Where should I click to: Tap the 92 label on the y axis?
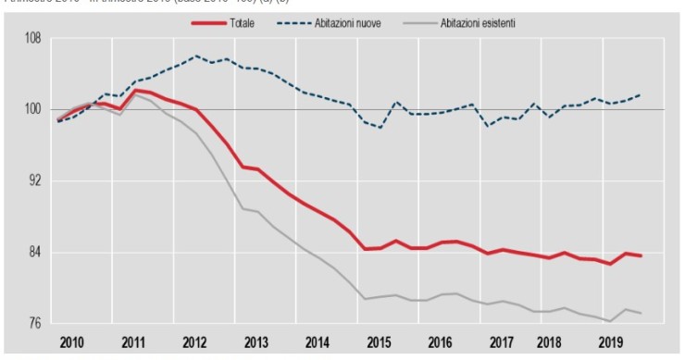pyautogui.click(x=33, y=181)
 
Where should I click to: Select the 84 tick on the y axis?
pyautogui.click(x=33, y=253)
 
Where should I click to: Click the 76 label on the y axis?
pyautogui.click(x=33, y=324)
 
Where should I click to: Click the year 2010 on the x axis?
pyautogui.click(x=72, y=341)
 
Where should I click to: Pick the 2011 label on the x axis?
pyautogui.click(x=134, y=341)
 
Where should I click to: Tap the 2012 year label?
pyautogui.click(x=195, y=341)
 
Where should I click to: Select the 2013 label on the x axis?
pyautogui.click(x=256, y=341)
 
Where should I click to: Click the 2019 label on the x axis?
pyautogui.click(x=611, y=341)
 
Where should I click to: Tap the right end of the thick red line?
pyautogui.click(x=641, y=255)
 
